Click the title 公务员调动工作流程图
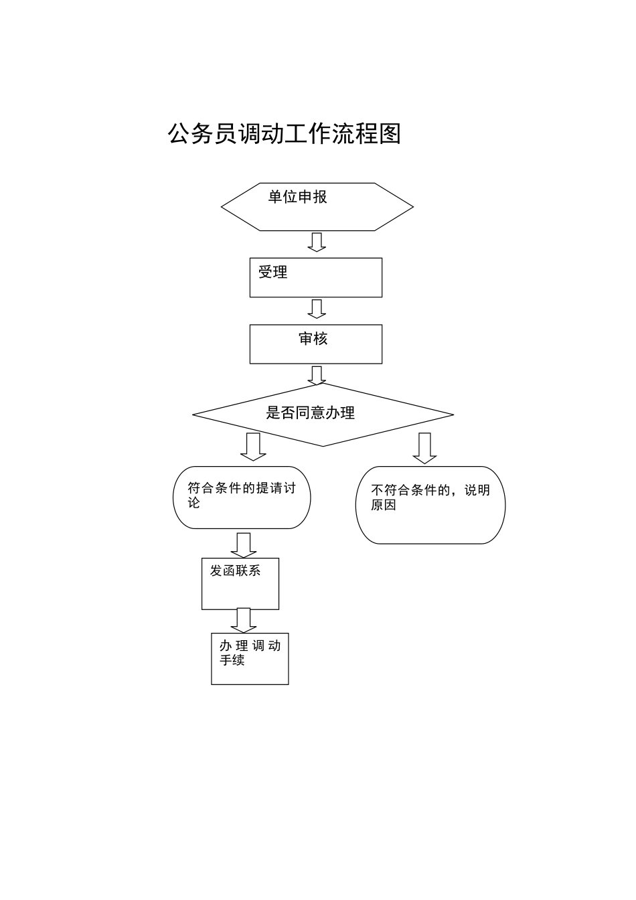coord(284,134)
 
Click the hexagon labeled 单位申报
coord(317,207)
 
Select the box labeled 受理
coord(316,277)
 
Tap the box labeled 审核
coord(316,344)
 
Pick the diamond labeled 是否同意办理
coord(323,414)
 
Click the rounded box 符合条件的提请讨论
coord(242,498)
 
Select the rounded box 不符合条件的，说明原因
coord(430,505)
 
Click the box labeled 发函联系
coord(240,583)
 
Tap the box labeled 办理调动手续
coord(250,658)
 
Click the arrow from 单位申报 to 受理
coord(317,242)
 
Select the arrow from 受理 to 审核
coord(317,309)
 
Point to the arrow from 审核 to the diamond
coord(317,375)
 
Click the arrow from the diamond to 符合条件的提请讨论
coord(253,447)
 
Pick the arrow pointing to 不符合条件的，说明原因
coord(424,448)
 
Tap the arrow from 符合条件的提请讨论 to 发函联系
coord(243,544)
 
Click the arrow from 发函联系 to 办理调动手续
coord(243,619)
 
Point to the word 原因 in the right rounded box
coord(384,506)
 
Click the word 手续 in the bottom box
coord(232,661)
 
